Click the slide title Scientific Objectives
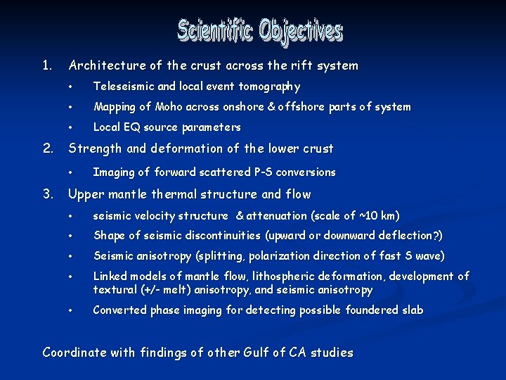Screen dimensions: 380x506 coord(259,31)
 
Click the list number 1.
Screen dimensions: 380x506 coord(46,65)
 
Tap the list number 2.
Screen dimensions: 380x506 coord(47,148)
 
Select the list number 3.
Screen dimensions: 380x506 coord(47,194)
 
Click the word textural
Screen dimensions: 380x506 coord(115,290)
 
